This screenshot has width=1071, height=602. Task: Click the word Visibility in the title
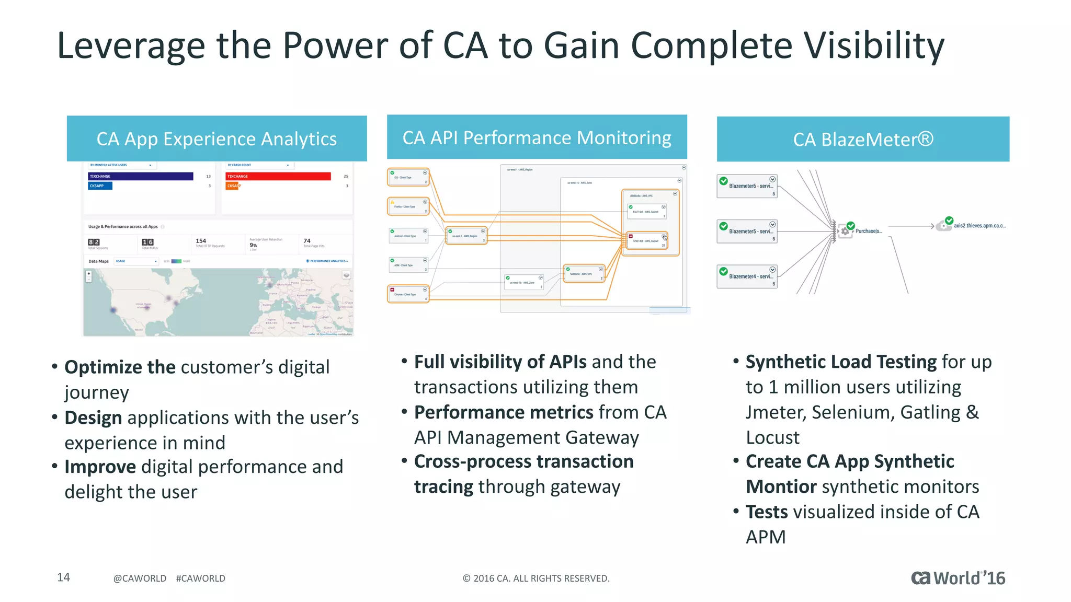pos(873,46)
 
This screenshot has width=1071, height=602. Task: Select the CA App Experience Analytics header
pos(217,139)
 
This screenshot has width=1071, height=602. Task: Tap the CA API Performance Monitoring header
pos(537,137)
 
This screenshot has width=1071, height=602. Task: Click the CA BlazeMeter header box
pos(863,140)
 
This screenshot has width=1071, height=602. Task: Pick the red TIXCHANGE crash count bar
pos(278,177)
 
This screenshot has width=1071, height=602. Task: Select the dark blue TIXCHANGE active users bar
pos(141,177)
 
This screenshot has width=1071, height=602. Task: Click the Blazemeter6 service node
pos(747,186)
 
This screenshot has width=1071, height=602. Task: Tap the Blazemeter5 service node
pos(747,231)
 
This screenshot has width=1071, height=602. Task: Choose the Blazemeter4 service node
pos(747,276)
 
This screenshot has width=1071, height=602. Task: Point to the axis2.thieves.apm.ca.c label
pos(979,226)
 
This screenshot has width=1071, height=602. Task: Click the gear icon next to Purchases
pos(845,231)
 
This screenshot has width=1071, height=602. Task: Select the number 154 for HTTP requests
pos(201,241)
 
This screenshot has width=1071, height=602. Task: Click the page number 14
pos(63,577)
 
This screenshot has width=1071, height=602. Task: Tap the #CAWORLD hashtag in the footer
pos(200,578)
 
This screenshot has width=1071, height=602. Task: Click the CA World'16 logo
pos(958,578)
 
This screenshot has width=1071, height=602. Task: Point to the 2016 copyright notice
pos(536,578)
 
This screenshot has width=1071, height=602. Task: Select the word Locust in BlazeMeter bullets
pos(772,437)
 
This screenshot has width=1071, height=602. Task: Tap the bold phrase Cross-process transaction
pos(523,462)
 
